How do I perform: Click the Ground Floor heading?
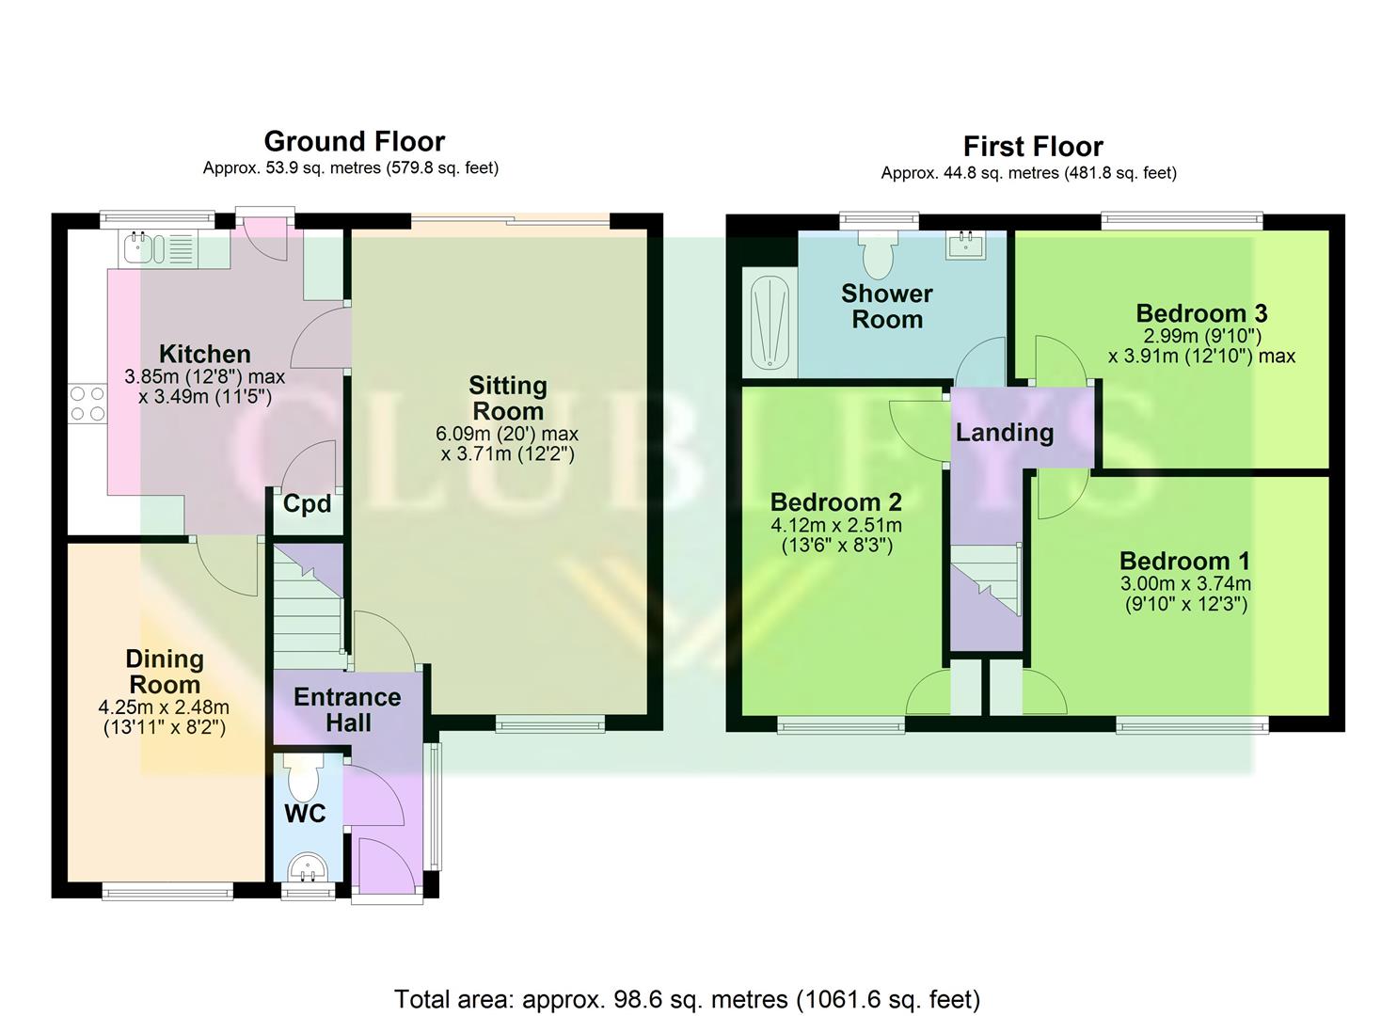354,141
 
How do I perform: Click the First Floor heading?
1032,147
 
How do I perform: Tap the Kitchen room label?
204,355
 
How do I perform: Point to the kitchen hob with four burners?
87,404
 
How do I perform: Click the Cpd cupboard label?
307,504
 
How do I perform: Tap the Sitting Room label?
507,398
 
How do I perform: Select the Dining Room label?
165,672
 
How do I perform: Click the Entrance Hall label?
347,710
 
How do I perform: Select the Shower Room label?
886,307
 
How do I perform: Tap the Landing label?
1004,433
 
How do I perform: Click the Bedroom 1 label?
1184,562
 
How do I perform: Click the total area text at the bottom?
687,998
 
